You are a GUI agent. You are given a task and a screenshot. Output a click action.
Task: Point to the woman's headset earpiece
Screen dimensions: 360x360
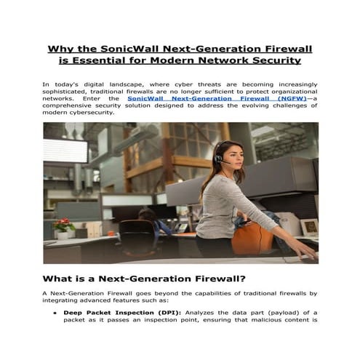(218, 156)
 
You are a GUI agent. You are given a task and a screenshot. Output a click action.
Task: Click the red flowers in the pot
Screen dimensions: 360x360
(65, 223)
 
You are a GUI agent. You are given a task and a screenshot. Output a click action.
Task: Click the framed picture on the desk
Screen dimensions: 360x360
(308, 227)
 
